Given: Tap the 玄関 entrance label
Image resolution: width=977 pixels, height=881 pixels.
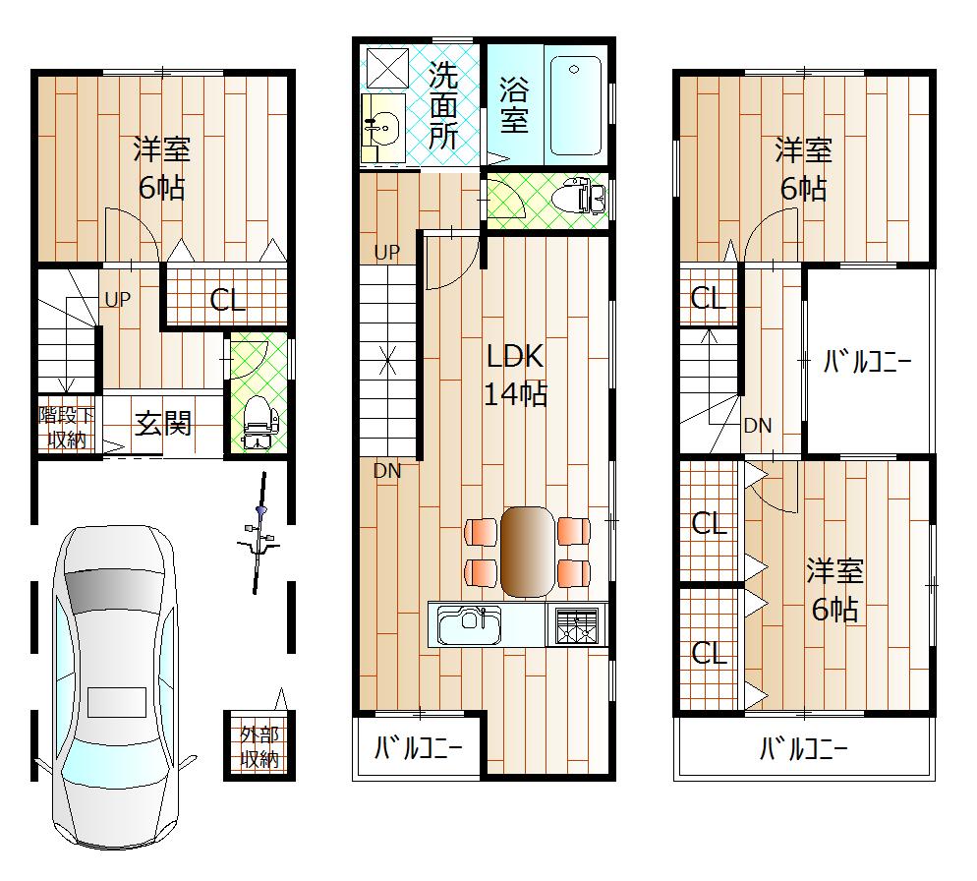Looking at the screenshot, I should coord(163,425).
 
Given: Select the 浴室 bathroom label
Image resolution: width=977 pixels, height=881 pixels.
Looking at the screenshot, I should coord(514,105).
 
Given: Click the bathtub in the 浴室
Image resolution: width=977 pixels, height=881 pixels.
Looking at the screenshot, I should coord(576,105).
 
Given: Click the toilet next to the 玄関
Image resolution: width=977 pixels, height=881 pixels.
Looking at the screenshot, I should coord(259,421).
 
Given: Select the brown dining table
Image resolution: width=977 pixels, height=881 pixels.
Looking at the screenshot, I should coord(527,551).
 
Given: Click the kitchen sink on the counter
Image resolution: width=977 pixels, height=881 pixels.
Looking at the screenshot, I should coord(469,624).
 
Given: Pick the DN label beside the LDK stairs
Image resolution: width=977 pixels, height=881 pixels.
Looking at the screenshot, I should coord(386,471).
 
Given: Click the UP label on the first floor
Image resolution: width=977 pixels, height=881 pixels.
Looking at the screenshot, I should coord(117,299).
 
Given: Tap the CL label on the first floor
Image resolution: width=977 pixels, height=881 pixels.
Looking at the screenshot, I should coord(227,300).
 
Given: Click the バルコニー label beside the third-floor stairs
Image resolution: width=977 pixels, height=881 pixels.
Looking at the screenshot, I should coord(867,361).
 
